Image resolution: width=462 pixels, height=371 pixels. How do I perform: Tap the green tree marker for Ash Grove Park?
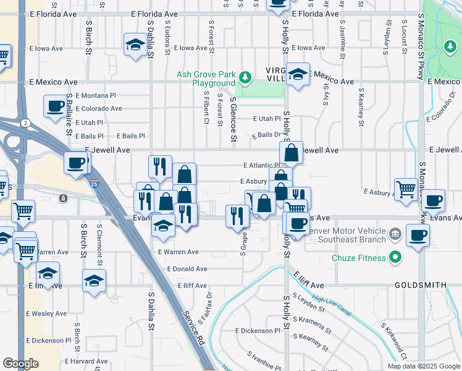(x=246, y=77)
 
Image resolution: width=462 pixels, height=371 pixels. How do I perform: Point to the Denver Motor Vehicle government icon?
(x=396, y=235)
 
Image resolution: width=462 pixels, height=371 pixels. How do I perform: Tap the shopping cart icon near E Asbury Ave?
(x=405, y=190)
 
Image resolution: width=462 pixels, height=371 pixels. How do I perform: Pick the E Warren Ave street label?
(x=178, y=252)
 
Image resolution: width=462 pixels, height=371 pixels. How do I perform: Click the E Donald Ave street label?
(x=187, y=269)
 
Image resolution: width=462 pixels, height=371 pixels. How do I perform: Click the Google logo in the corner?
(x=20, y=364)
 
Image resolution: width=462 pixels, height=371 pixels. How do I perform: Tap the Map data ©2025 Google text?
(x=424, y=366)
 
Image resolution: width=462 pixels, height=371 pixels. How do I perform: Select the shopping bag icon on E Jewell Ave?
(x=291, y=151)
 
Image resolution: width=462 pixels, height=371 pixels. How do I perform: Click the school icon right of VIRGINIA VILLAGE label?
(x=297, y=75)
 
